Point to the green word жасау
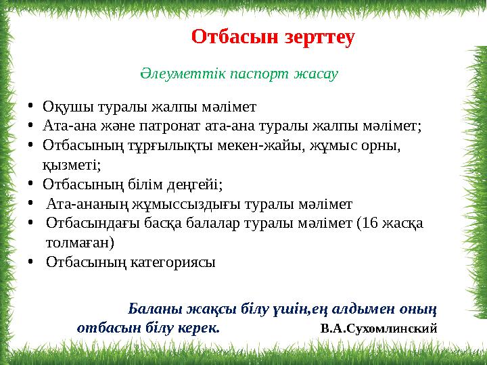pyautogui.click(x=317, y=72)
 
